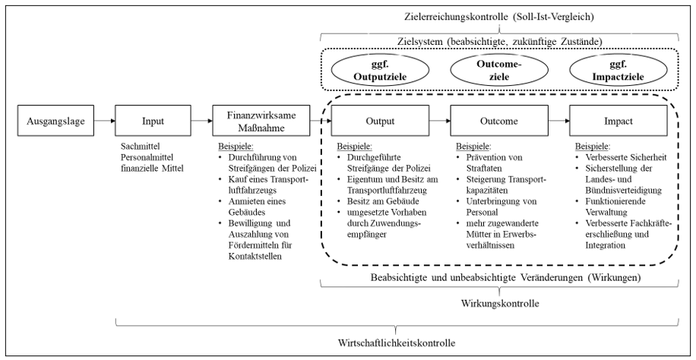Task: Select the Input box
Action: (x=153, y=121)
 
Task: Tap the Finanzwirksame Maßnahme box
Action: (x=252, y=121)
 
